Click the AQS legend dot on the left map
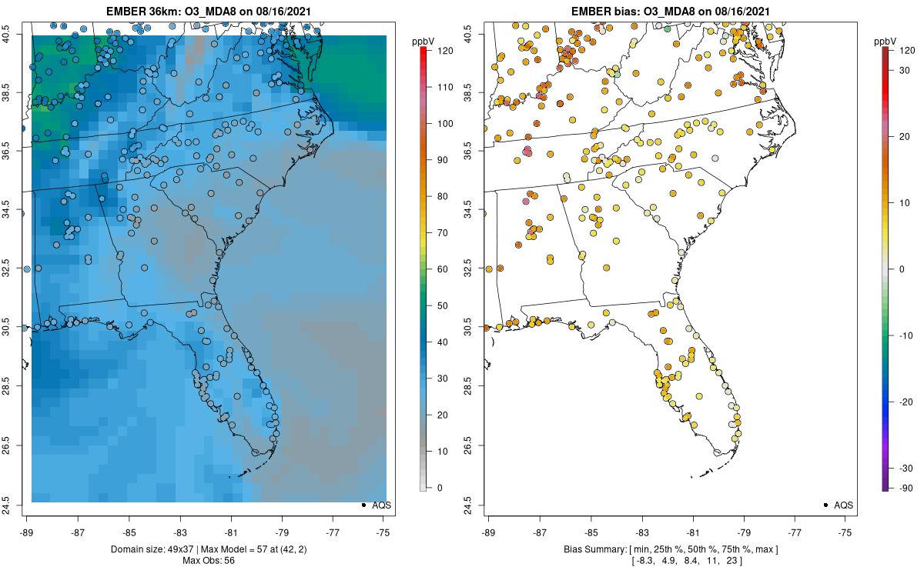(x=363, y=505)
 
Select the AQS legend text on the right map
(x=842, y=505)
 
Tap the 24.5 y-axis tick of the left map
(x=16, y=505)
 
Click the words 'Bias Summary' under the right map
(x=594, y=549)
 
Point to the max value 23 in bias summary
(x=733, y=561)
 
